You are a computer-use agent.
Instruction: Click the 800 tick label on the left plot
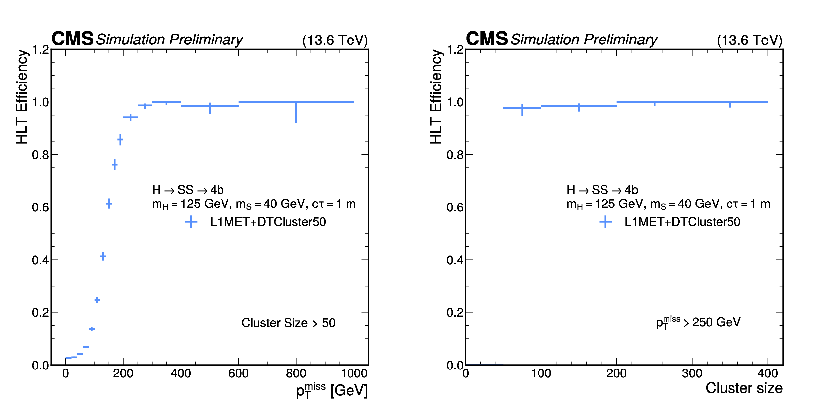click(x=296, y=373)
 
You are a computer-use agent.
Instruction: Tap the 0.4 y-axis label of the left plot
click(x=40, y=260)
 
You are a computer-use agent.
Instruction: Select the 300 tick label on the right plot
click(x=692, y=373)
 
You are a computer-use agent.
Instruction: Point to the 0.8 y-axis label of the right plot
click(x=455, y=155)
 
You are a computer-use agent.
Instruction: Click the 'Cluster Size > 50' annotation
click(x=288, y=323)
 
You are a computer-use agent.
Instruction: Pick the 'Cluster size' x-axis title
click(x=744, y=388)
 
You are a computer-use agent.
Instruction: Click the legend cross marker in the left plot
click(x=191, y=222)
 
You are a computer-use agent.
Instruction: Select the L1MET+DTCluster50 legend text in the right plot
click(x=682, y=222)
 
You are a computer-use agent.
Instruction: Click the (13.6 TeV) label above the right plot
click(x=749, y=40)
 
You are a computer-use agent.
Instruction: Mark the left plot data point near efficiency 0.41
click(x=103, y=256)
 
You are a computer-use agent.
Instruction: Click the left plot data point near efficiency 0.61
click(x=109, y=204)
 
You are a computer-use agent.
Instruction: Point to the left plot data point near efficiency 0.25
click(x=97, y=300)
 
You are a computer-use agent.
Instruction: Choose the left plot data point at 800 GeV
click(x=296, y=102)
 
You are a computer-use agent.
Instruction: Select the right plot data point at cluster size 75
click(x=522, y=108)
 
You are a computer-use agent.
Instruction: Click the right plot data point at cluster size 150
click(x=579, y=106)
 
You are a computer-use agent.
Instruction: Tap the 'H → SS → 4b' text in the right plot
click(x=602, y=190)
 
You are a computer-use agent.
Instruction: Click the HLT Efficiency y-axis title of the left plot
click(x=22, y=97)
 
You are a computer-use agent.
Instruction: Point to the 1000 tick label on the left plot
click(x=354, y=373)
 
